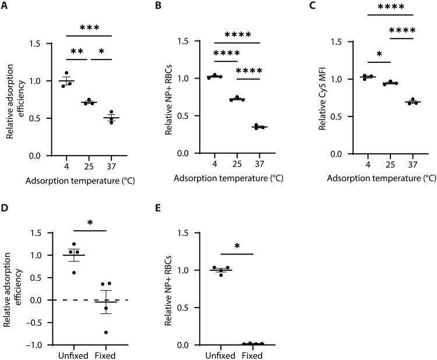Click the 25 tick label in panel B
pyautogui.click(x=237, y=165)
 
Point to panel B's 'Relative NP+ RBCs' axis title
pyautogui.click(x=171, y=97)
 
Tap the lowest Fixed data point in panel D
pyautogui.click(x=106, y=333)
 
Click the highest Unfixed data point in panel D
pyautogui.click(x=73, y=245)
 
